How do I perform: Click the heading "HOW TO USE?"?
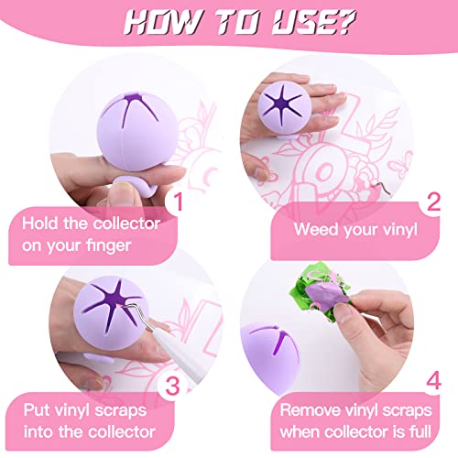tap(229, 20)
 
